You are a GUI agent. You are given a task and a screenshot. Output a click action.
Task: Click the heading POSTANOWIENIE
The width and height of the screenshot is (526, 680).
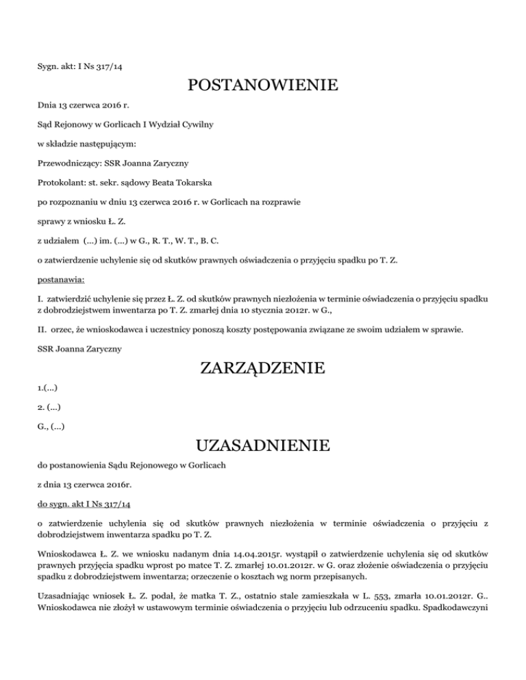(262, 86)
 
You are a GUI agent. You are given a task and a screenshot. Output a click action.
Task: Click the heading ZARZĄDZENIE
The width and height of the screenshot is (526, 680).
(262, 369)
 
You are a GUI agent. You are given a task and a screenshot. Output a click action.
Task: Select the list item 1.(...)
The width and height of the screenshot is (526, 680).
(47, 388)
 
